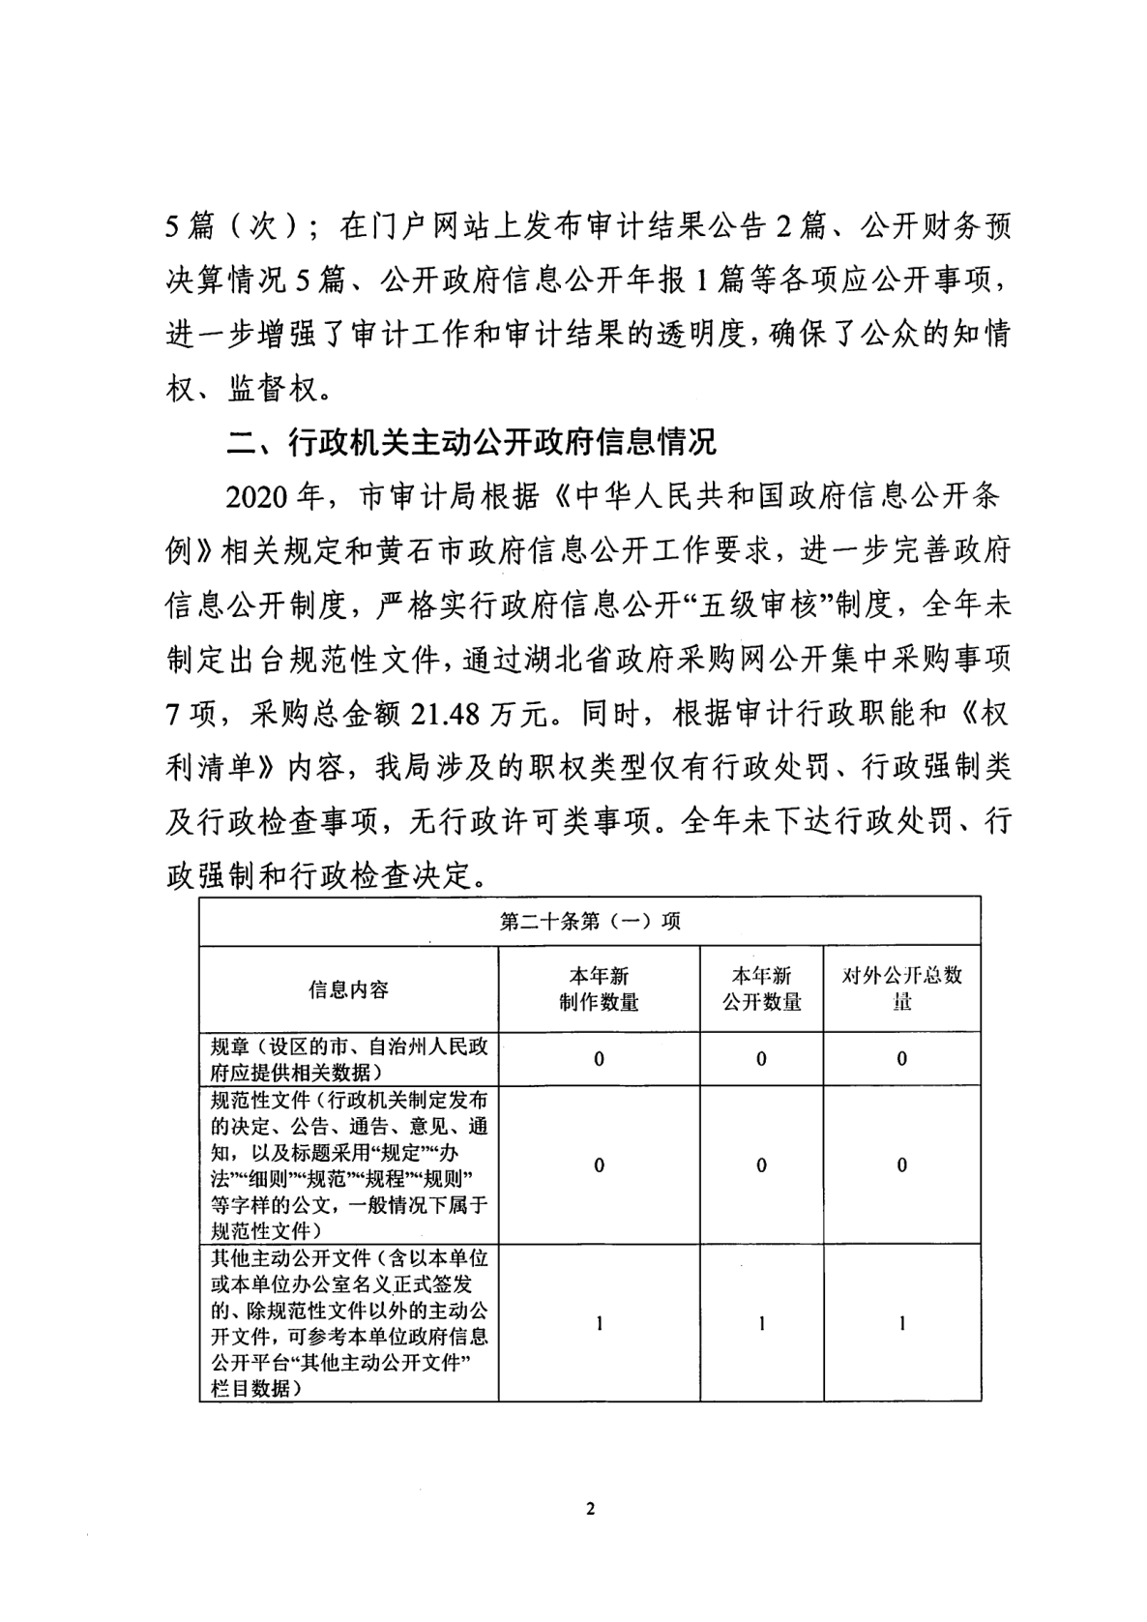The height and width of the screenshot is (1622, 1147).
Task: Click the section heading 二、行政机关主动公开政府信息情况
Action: [471, 442]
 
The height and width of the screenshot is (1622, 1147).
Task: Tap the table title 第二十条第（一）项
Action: [589, 921]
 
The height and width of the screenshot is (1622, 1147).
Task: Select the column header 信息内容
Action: [348, 988]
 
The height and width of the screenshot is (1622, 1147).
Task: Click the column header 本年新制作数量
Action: [599, 988]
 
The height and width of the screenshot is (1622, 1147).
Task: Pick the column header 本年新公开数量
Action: [761, 988]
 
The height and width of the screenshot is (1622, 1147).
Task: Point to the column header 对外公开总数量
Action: [901, 988]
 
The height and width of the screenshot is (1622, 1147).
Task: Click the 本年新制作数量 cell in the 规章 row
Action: [599, 1059]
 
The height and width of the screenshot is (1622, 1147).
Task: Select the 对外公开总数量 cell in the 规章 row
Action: [901, 1059]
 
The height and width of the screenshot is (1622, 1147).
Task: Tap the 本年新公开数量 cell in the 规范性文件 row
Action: [761, 1165]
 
